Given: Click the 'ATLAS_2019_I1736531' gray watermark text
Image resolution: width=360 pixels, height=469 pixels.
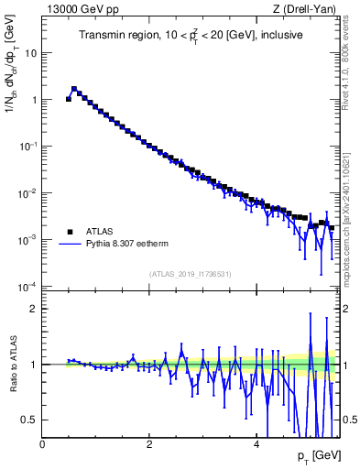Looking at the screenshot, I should click(x=191, y=274).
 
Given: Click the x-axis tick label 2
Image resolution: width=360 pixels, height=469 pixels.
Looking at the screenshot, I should click(x=149, y=444).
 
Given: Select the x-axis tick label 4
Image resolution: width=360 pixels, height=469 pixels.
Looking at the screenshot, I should click(x=256, y=444).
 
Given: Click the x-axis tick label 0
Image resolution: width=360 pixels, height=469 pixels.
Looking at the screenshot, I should click(x=43, y=444).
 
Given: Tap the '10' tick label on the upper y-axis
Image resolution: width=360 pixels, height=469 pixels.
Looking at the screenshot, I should click(x=28, y=52).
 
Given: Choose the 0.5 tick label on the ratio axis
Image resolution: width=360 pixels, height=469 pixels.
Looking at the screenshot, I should click(x=28, y=420).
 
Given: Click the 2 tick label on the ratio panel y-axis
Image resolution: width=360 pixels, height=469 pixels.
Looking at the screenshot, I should click(x=33, y=309).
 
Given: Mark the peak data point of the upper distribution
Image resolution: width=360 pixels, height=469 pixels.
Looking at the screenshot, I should click(x=74, y=90).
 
